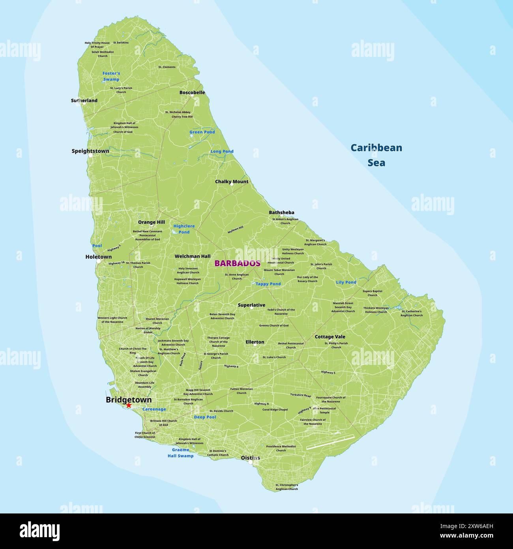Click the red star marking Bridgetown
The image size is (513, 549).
pos(129,405)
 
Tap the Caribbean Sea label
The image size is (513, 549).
pos(376,155)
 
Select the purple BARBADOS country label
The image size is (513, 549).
pos(237,263)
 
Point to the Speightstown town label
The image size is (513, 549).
pos(90,151)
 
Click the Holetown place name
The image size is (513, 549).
pos(98,257)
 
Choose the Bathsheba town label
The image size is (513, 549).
pos(281,212)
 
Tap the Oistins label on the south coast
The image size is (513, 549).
pos(250,458)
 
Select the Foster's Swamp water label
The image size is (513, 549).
pos(111,76)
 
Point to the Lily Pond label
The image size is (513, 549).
pos(346,282)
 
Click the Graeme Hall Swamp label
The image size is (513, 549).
pos(180,453)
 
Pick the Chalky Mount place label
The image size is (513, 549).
pos(232,182)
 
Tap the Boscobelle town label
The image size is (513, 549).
pos(192,92)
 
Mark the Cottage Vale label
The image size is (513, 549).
pos(330,337)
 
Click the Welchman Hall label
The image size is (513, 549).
pos(193,256)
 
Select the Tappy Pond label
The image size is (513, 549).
pos(268,284)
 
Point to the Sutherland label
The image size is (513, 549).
pos(84,100)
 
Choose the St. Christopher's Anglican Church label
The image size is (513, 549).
pos(286,487)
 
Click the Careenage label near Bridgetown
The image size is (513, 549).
pos(154,409)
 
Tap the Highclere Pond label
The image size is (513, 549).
pos(184,229)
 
